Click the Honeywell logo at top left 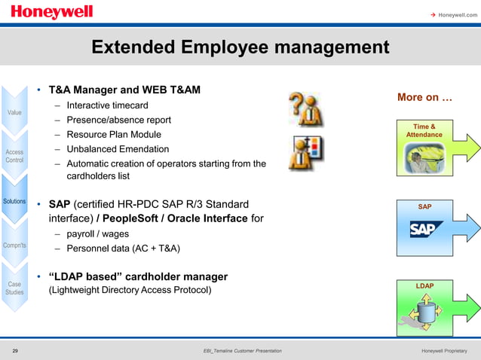[x=52, y=13]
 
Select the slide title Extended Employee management [x=240, y=48]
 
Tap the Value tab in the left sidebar [x=14, y=112]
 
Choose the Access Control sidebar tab [x=14, y=156]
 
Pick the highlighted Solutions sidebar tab [x=14, y=201]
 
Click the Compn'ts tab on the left [x=14, y=245]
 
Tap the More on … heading [x=424, y=98]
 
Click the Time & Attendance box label [x=424, y=130]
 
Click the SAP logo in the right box [x=424, y=228]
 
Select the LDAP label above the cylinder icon [x=424, y=285]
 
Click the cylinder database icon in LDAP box [x=423, y=313]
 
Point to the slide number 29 [x=16, y=351]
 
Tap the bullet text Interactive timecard [x=107, y=105]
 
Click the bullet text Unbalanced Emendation [x=118, y=148]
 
